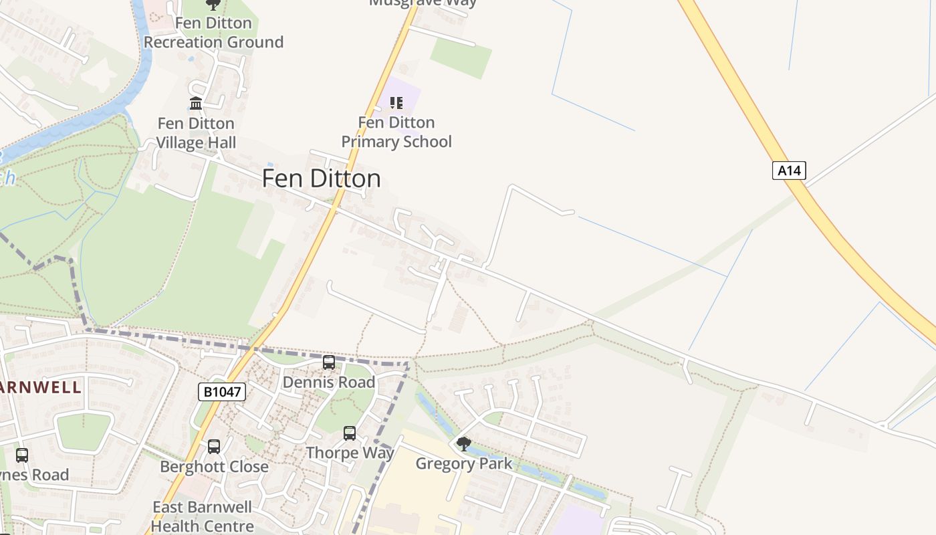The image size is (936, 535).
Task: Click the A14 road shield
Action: pyautogui.click(x=789, y=171)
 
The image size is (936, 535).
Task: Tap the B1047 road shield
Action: pyautogui.click(x=222, y=392)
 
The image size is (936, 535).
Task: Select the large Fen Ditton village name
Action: pyautogui.click(x=321, y=179)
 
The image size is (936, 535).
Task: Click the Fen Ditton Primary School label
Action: pyautogui.click(x=396, y=132)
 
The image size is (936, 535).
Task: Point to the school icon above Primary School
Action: pyautogui.click(x=396, y=103)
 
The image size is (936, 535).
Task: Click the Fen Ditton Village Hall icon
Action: pyautogui.click(x=196, y=104)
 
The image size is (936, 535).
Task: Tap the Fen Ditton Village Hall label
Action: pyautogui.click(x=196, y=133)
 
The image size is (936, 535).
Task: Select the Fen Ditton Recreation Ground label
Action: pyautogui.click(x=213, y=33)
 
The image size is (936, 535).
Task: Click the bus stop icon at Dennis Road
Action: pyautogui.click(x=329, y=362)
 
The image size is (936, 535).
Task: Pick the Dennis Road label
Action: pyautogui.click(x=329, y=383)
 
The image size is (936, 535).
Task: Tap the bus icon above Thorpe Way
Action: pyautogui.click(x=350, y=433)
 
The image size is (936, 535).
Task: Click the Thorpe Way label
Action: pyautogui.click(x=350, y=453)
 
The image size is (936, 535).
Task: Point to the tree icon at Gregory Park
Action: pyautogui.click(x=463, y=443)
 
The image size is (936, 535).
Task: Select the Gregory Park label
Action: pyautogui.click(x=463, y=463)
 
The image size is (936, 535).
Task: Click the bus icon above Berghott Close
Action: pyautogui.click(x=214, y=447)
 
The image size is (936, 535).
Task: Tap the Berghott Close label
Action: pyautogui.click(x=214, y=467)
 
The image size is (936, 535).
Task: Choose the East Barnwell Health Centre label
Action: pyautogui.click(x=202, y=516)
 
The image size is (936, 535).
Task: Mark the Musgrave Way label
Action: pyautogui.click(x=423, y=3)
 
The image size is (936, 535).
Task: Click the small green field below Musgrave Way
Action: pyautogui.click(x=461, y=58)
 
